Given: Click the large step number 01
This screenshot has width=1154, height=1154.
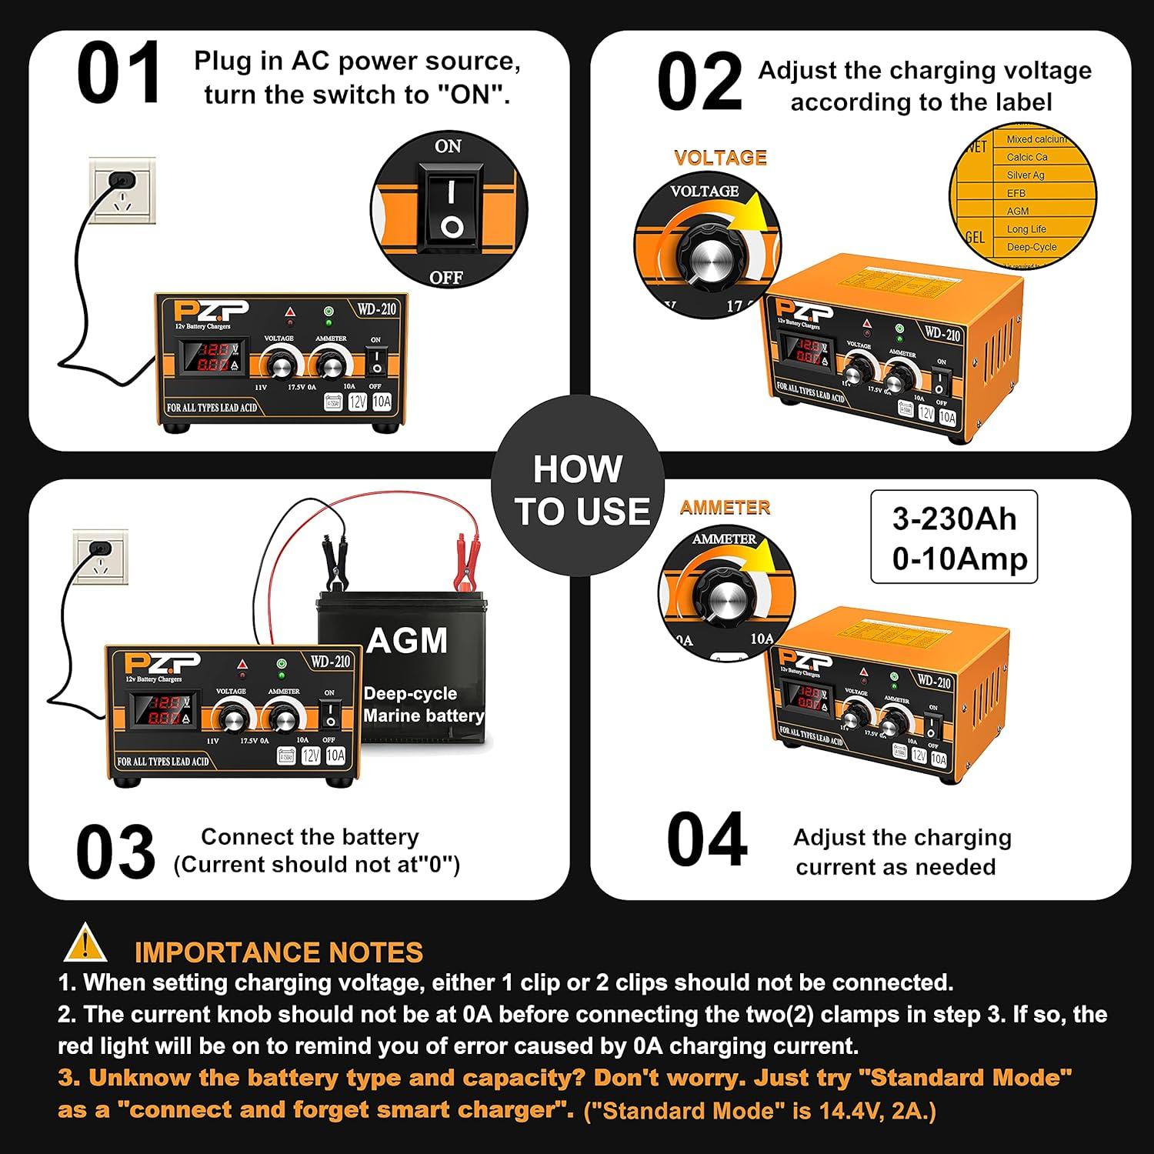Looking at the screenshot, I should click(119, 74).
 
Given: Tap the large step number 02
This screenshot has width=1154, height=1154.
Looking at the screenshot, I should click(699, 82).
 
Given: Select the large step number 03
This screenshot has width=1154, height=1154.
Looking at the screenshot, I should click(115, 852).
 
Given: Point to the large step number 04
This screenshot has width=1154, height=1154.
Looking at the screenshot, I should click(706, 840).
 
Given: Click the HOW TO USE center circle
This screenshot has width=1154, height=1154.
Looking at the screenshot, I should click(578, 490).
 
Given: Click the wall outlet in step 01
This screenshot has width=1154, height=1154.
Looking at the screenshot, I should click(122, 189).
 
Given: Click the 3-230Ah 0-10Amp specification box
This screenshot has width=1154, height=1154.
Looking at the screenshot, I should click(954, 538).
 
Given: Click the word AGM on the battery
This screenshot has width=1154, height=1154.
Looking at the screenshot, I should click(407, 641).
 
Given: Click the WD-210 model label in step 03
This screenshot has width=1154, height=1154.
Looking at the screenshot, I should click(331, 662).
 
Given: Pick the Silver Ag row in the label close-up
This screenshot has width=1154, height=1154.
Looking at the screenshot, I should click(1026, 175).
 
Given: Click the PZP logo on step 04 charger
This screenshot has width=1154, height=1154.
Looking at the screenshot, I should click(805, 660).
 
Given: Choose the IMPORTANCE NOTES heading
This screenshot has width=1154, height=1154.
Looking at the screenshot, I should click(278, 952).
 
